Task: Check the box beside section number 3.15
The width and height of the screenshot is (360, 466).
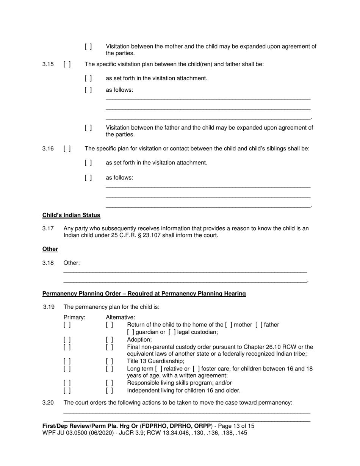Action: click(x=67, y=64)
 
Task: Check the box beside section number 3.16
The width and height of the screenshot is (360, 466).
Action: click(x=67, y=149)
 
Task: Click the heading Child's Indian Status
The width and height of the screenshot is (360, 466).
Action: click(x=71, y=215)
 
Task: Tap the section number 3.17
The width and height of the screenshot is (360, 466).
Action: click(x=48, y=228)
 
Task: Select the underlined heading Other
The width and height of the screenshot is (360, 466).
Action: click(x=50, y=249)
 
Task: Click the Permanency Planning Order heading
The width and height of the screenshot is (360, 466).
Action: click(x=144, y=294)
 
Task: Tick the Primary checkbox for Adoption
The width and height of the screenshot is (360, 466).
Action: click(x=67, y=340)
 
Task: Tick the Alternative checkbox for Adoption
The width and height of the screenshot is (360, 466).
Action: click(x=110, y=340)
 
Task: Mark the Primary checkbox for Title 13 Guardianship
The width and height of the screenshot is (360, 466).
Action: click(x=67, y=361)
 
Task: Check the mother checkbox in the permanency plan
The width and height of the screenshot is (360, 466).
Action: click(x=229, y=325)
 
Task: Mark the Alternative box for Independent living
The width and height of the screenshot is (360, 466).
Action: click(x=110, y=390)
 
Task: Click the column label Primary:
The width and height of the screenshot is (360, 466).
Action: click(x=74, y=317)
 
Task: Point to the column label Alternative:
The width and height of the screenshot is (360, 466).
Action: click(x=121, y=317)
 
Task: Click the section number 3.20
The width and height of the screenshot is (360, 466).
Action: click(x=48, y=403)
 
